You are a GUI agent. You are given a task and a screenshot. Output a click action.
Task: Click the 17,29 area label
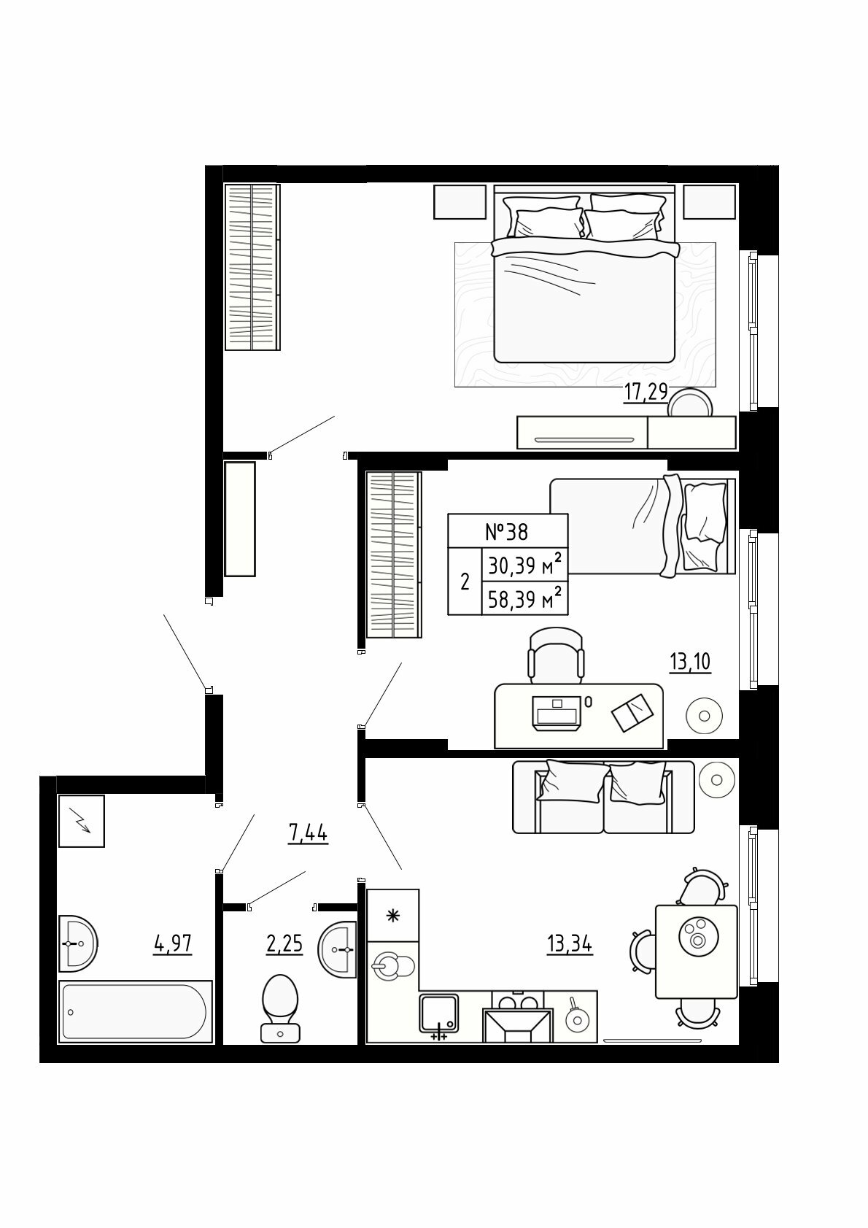click(646, 393)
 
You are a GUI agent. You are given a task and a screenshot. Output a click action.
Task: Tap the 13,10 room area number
click(690, 663)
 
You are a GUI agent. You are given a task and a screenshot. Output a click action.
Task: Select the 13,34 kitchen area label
click(570, 945)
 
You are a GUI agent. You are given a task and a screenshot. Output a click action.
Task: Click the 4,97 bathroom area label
click(173, 944)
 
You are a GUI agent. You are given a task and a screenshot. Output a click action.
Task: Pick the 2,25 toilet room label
click(284, 945)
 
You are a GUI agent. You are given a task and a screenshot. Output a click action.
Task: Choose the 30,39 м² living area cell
click(524, 565)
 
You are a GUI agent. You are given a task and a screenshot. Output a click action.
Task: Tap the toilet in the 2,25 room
click(281, 1008)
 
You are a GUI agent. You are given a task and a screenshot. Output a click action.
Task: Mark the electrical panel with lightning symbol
click(81, 822)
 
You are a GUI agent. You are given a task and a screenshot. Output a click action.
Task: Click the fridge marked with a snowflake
click(392, 915)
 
